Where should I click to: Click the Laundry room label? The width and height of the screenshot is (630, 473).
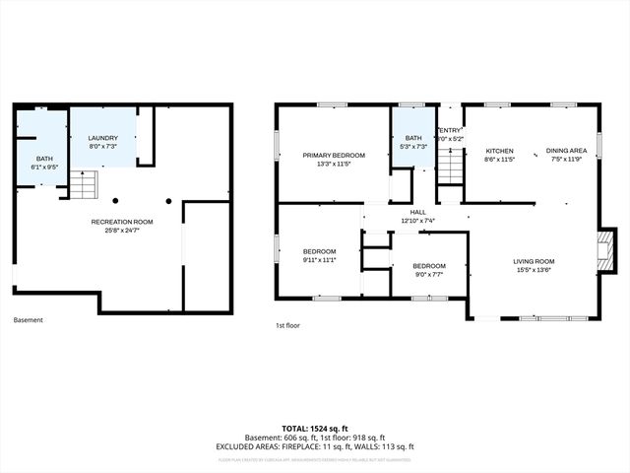coord(103,138)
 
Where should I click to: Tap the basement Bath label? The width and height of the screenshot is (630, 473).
coord(45,159)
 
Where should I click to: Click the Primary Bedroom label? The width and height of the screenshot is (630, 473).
coord(334,155)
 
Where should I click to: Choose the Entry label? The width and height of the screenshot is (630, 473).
coord(450,130)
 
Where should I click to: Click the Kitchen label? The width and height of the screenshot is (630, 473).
coord(500,151)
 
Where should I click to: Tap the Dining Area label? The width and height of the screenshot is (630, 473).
coord(566,151)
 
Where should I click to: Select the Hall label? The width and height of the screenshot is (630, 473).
coord(418,212)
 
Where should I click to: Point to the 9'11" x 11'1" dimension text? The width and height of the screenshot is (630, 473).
coord(319,259)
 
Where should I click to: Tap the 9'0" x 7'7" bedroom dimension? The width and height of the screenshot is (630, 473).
coord(428,274)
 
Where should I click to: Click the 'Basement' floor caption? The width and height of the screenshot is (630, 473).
coord(28,320)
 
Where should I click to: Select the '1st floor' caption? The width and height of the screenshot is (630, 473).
coord(287,324)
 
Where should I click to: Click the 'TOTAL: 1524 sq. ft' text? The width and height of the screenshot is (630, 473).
coord(315,429)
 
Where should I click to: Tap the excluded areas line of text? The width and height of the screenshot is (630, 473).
coord(315,446)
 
